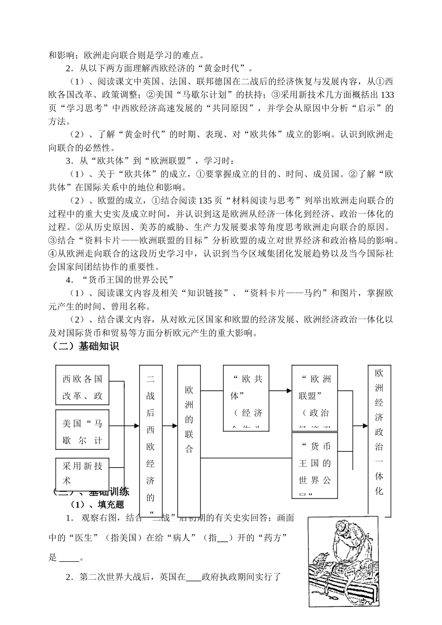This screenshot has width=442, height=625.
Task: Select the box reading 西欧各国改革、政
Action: point(82,387)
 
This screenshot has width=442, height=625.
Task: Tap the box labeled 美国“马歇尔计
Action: point(82,432)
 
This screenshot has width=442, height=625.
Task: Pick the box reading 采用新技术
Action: point(82,472)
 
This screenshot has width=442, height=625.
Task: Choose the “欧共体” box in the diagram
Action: point(246,398)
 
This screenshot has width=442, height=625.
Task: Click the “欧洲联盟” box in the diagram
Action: point(315,398)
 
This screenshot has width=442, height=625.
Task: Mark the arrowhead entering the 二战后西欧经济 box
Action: point(136,426)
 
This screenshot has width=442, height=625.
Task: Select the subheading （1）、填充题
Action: point(97,504)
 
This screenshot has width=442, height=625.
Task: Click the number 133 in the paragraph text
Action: point(387,95)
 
